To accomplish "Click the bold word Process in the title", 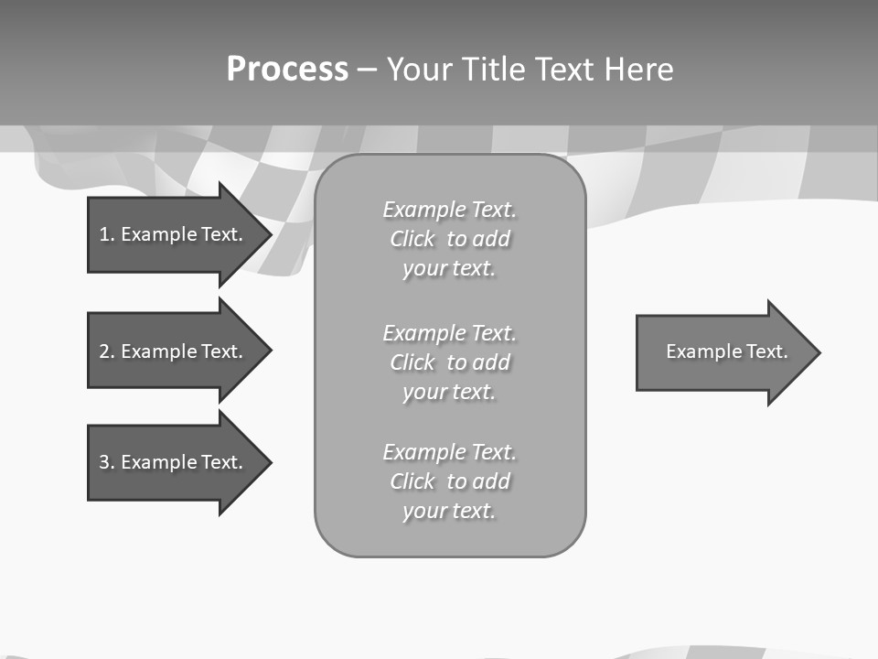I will [287, 70].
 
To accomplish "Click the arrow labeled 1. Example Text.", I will [174, 234].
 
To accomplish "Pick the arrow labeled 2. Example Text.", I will [174, 351].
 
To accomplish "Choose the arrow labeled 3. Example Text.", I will [174, 462].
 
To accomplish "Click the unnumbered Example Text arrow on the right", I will [723, 351].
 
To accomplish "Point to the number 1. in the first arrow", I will [106, 234].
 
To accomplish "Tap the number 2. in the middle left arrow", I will [106, 351].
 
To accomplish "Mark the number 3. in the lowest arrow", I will [106, 462].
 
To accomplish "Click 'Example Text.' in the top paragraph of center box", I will [449, 210].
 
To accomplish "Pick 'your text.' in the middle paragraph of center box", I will [449, 392].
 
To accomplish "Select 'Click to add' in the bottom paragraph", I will [449, 481].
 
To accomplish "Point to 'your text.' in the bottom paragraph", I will [449, 511].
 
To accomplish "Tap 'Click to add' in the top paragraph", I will [449, 239].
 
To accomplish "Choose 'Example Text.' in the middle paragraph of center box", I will [449, 333].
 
